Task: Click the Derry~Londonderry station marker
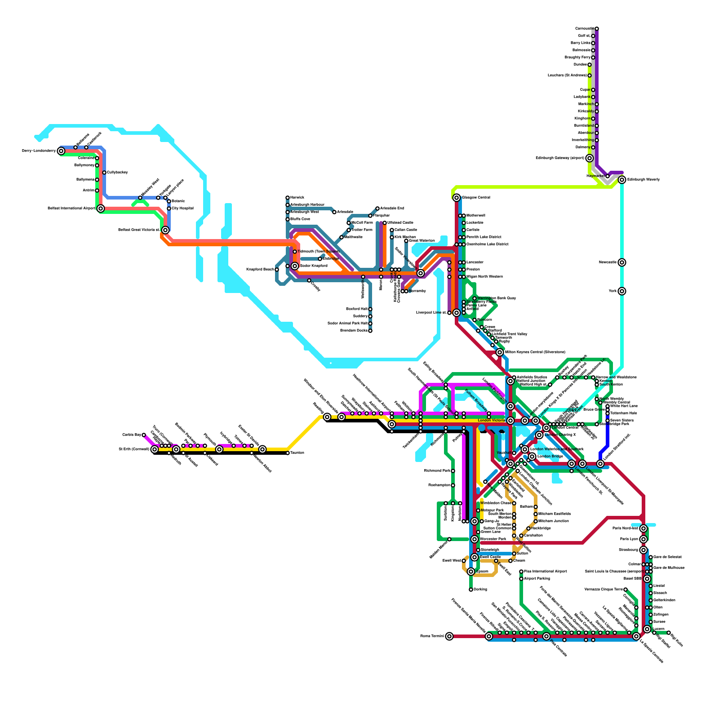point(61,151)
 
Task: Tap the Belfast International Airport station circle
point(101,209)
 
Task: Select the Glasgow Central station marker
point(457,198)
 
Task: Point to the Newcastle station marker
point(622,262)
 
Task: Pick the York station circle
point(622,291)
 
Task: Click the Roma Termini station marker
point(449,636)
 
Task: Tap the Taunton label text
point(297,453)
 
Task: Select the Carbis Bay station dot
point(144,435)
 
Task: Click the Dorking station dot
point(471,590)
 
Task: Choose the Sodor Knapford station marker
point(295,266)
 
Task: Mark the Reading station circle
point(327,417)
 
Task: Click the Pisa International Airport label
point(545,572)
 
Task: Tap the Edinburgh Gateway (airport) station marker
point(590,158)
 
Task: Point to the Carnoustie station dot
point(597,29)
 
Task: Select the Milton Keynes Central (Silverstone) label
point(535,352)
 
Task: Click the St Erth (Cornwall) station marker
point(155,449)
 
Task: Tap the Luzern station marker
point(647,629)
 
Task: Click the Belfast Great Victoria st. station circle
point(165,230)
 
